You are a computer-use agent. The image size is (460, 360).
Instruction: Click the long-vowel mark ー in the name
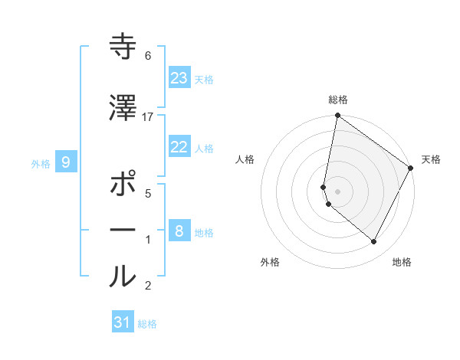tap(123, 231)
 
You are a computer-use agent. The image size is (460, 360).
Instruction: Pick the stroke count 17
tap(148, 116)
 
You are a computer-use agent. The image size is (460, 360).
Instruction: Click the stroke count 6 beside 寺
tap(148, 56)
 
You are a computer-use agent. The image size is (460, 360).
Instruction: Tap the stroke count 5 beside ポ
tap(148, 193)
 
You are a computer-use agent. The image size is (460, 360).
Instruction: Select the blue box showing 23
tap(179, 78)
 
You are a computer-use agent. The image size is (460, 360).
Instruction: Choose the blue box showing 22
tap(179, 147)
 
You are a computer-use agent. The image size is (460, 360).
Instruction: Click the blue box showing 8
tap(179, 231)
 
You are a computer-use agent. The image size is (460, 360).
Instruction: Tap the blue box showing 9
tap(67, 162)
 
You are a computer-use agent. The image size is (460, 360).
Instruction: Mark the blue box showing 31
tap(123, 322)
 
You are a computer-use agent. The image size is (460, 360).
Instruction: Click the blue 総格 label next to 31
tap(147, 324)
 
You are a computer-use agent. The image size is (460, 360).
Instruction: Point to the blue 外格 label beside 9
tap(41, 163)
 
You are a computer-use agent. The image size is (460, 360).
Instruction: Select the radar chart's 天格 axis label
tap(431, 159)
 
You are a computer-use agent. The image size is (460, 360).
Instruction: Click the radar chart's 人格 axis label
tap(245, 159)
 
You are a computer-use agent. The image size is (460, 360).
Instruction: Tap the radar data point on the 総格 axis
tap(337, 116)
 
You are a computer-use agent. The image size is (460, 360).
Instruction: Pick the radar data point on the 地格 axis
tap(374, 242)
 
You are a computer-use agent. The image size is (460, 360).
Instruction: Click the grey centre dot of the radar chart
tap(337, 191)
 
